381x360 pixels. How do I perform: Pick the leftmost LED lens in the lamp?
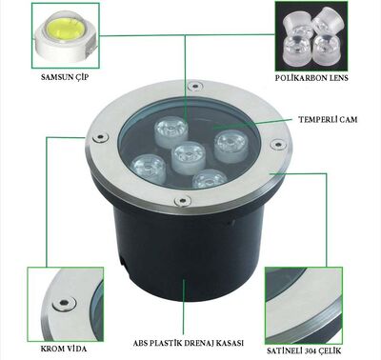tap(150, 166)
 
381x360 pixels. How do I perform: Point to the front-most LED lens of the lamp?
tap(208, 178)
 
